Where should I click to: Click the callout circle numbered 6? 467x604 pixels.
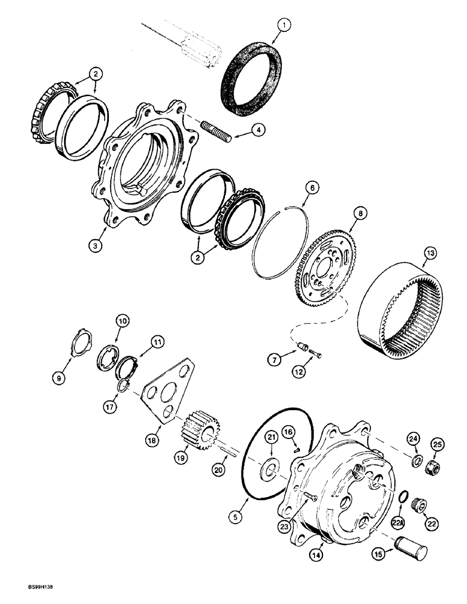312,189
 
